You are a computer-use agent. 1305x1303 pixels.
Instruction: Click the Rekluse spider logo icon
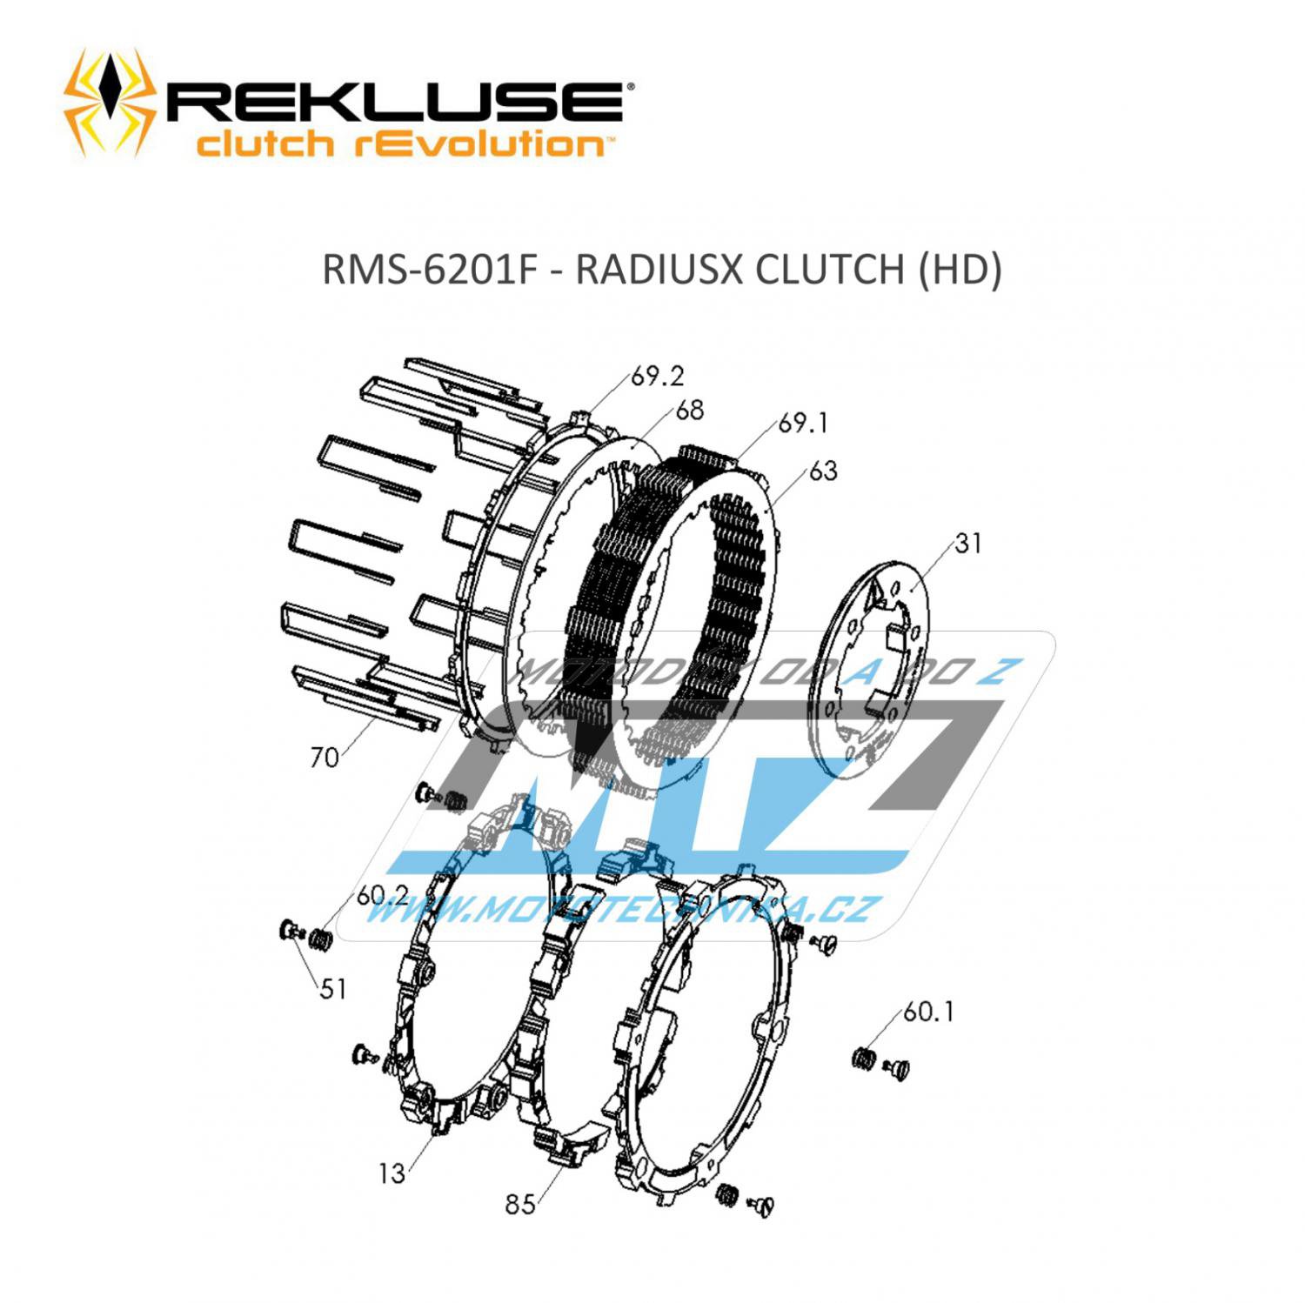[x=110, y=103]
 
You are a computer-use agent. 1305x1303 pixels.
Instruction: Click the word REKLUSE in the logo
[x=394, y=103]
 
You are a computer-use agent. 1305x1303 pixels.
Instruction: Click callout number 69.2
[x=658, y=376]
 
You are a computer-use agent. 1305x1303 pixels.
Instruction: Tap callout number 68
[x=689, y=410]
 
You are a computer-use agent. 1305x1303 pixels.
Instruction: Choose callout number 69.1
[x=803, y=424]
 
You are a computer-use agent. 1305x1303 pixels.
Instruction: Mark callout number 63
[x=822, y=471]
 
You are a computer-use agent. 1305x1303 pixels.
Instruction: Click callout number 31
[x=967, y=544]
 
